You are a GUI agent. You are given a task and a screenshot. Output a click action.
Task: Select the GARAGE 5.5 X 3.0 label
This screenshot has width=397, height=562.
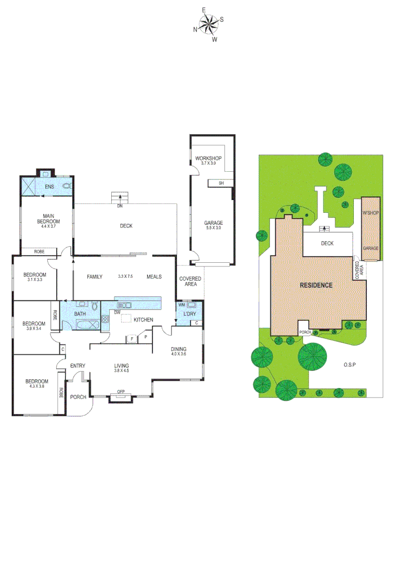pyautogui.click(x=213, y=226)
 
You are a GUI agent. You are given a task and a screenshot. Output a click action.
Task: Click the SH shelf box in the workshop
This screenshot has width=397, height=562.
pyautogui.click(x=220, y=183)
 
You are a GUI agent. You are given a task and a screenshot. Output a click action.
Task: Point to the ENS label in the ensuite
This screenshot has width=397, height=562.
pyautogui.click(x=49, y=186)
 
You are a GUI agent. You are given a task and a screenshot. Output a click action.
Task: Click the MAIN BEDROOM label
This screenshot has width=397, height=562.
pyautogui.click(x=50, y=219)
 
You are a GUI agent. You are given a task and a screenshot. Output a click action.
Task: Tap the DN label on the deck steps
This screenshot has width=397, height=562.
pyautogui.click(x=120, y=206)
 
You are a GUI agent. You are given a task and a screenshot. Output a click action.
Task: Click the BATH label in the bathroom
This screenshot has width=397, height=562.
pyautogui.click(x=80, y=314)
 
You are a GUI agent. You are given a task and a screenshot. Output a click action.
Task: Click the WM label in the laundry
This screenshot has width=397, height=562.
pyautogui.click(x=182, y=305)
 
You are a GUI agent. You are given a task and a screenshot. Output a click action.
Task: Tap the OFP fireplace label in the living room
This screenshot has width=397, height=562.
pyautogui.click(x=121, y=391)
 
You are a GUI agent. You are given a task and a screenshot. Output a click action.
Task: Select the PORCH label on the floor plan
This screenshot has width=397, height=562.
pyautogui.click(x=78, y=397)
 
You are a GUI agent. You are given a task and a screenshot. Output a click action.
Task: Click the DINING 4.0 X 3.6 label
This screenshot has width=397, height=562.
pyautogui.click(x=179, y=351)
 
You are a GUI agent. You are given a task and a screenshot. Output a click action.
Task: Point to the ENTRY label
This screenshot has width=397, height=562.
pyautogui.click(x=77, y=366)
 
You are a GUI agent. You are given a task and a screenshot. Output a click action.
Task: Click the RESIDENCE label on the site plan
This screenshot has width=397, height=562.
pyautogui.click(x=315, y=285)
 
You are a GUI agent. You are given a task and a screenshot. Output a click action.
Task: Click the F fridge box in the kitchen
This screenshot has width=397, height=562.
pyautogui.click(x=132, y=338)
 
